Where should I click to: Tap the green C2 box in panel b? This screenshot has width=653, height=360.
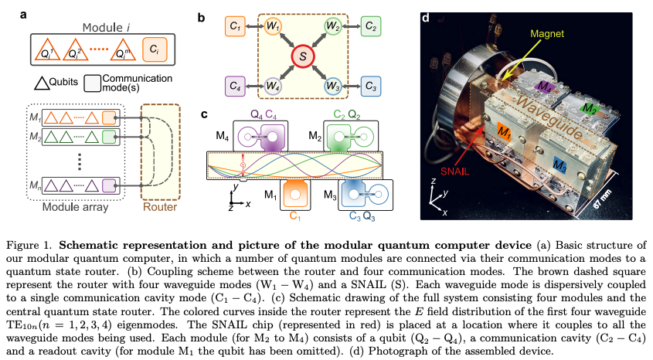372,28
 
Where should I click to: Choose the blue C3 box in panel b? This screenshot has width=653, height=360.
372,84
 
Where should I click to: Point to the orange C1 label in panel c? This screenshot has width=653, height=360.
294,219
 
